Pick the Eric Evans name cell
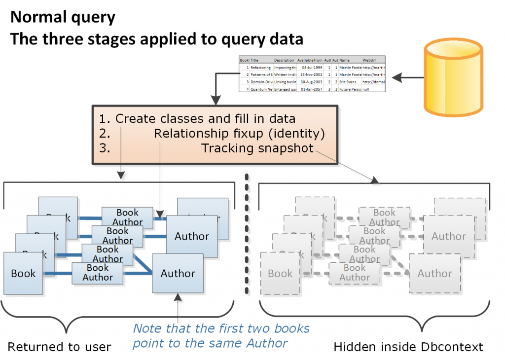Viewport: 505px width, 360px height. [x=350, y=82]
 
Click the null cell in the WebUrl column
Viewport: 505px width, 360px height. [x=367, y=89]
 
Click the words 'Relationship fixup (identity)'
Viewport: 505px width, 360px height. [x=239, y=134]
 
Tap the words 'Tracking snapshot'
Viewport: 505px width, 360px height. [x=257, y=148]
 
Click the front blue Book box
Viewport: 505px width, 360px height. [x=23, y=273]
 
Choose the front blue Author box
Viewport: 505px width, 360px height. [x=178, y=273]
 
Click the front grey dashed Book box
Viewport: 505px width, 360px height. [x=280, y=273]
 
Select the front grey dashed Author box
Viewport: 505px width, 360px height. [x=434, y=273]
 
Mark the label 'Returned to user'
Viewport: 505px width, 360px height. [x=59, y=347]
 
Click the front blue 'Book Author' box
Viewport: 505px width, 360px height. [x=98, y=273]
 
